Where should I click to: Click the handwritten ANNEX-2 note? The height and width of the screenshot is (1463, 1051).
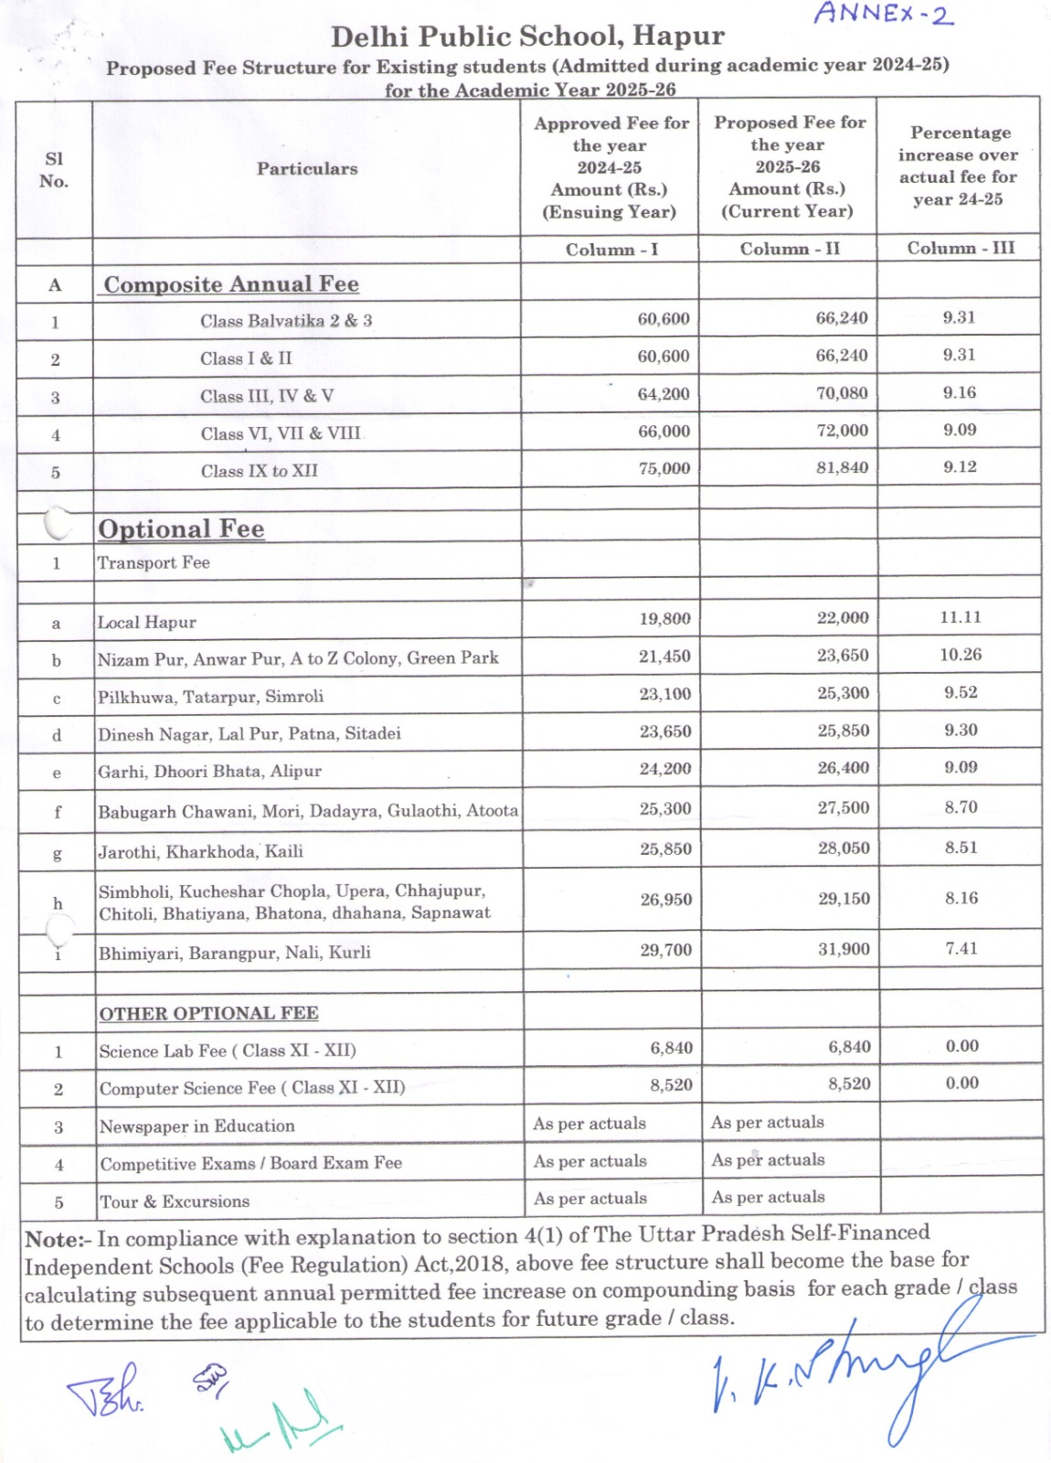tap(883, 14)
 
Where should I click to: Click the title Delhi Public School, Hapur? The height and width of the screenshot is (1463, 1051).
tap(527, 37)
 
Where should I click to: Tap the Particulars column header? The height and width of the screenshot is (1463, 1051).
tap(307, 168)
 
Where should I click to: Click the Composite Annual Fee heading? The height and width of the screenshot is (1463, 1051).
tap(231, 284)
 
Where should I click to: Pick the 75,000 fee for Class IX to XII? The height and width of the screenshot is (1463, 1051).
tap(664, 468)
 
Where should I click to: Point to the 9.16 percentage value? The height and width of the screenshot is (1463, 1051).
tap(960, 392)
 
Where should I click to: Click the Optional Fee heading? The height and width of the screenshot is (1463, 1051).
tap(181, 529)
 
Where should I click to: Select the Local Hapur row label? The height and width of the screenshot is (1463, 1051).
tap(147, 623)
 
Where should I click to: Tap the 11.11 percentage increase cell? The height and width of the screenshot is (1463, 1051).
tap(961, 617)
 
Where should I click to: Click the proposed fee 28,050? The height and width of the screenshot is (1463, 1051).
tap(844, 848)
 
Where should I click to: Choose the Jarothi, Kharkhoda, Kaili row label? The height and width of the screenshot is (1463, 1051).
tap(201, 851)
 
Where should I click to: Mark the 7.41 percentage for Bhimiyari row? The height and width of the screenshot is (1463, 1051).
tap(961, 948)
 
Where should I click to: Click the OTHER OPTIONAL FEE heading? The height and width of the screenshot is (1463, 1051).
tap(208, 1013)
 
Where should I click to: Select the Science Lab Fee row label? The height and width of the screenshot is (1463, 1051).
tap(228, 1051)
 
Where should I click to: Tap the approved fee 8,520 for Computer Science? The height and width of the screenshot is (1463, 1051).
tap(671, 1084)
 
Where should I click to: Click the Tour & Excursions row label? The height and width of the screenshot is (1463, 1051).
tap(175, 1201)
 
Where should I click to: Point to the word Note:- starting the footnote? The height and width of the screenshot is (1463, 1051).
tap(58, 1240)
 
